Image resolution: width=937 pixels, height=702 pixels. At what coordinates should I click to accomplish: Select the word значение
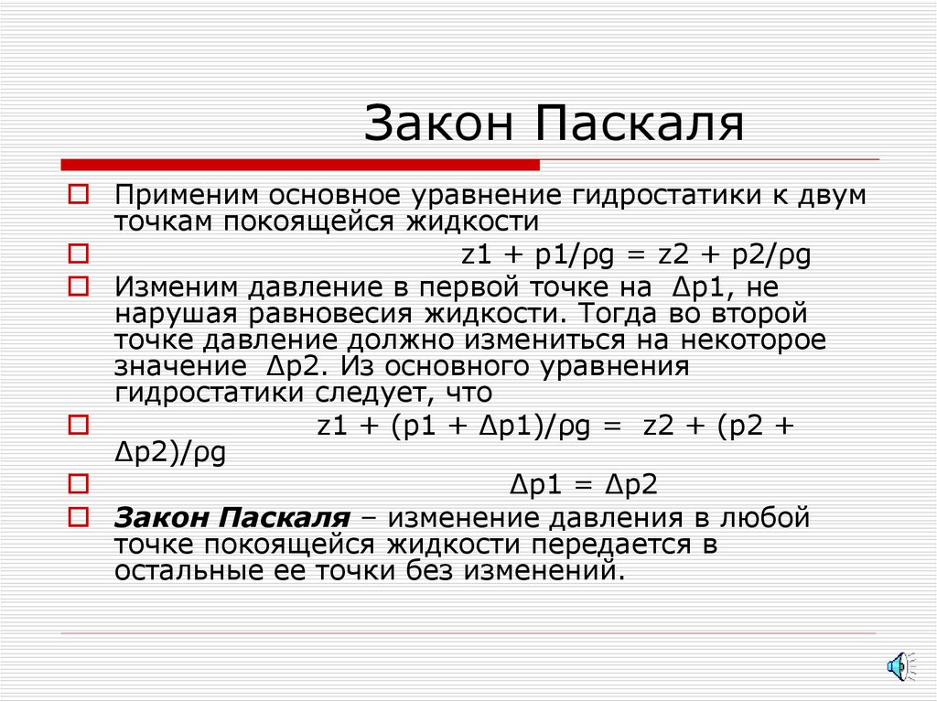coord(173,367)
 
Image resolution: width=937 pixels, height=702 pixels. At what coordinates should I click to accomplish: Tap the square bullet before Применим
coord(79,194)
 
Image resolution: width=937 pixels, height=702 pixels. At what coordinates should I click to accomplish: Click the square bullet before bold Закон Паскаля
coord(79,517)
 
